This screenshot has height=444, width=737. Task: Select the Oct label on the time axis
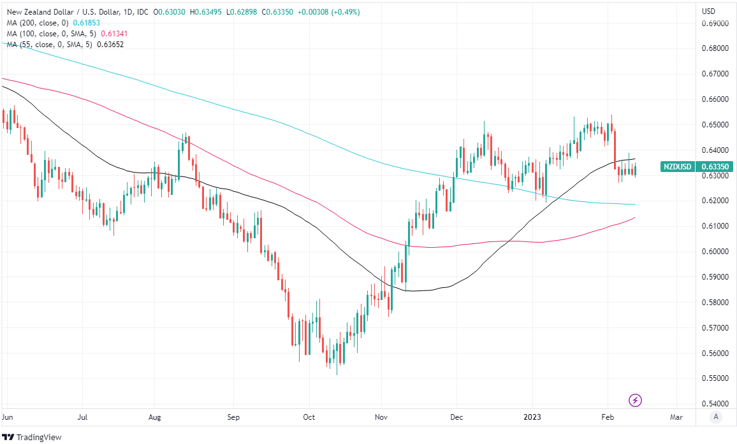309,417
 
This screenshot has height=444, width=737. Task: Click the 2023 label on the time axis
532,417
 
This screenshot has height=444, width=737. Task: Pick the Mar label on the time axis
676,417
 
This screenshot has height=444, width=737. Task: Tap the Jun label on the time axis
8,417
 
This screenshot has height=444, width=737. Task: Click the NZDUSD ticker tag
678,167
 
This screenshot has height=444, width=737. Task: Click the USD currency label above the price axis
708,11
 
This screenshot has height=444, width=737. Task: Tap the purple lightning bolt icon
635,400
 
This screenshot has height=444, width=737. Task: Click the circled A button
716,417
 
